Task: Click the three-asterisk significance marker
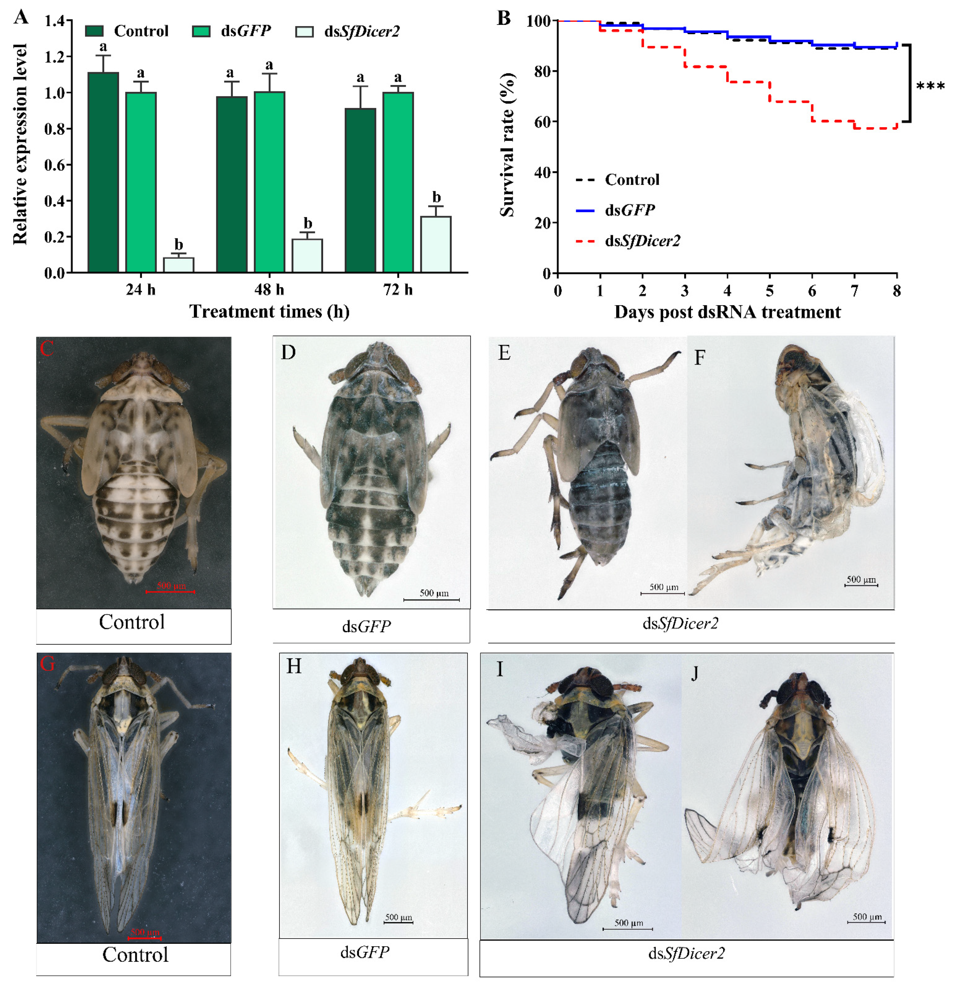[930, 87]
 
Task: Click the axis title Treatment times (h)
[269, 311]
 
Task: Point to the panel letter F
[699, 357]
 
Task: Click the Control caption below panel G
[135, 954]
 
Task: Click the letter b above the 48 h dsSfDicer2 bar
[307, 223]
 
